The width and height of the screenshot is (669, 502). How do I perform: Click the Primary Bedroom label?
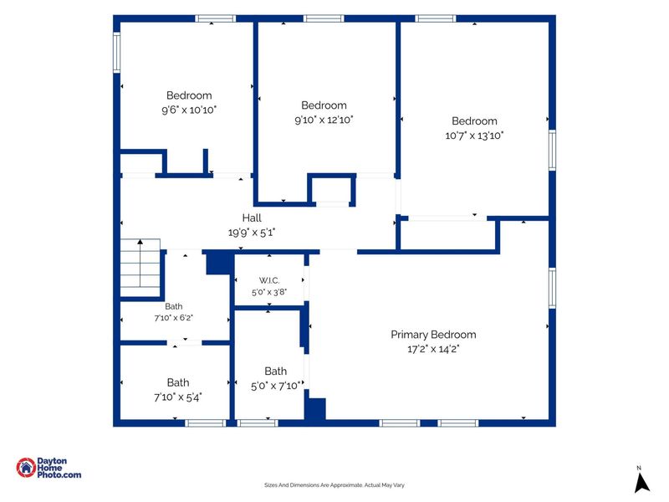pyautogui.click(x=433, y=335)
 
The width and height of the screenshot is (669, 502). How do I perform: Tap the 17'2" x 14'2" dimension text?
pyautogui.click(x=433, y=349)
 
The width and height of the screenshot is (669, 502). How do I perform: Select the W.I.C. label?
pyautogui.click(x=269, y=280)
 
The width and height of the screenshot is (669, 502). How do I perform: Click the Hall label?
pyautogui.click(x=252, y=218)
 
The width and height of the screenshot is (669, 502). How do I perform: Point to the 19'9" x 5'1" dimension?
pyautogui.click(x=252, y=233)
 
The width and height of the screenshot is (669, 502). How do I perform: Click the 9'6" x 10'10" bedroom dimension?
pyautogui.click(x=189, y=110)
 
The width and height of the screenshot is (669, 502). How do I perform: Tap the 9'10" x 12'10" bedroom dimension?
pyautogui.click(x=324, y=120)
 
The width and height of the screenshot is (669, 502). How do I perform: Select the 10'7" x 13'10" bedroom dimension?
pyautogui.click(x=474, y=136)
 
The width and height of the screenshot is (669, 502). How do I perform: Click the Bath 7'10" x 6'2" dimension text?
pyautogui.click(x=174, y=318)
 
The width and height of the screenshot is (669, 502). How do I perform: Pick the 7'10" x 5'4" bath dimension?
pyautogui.click(x=178, y=397)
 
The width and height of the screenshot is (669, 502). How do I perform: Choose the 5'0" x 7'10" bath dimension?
pyautogui.click(x=276, y=387)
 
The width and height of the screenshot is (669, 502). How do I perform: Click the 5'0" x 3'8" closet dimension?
pyautogui.click(x=269, y=292)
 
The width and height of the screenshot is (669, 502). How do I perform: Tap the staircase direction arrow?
pyautogui.click(x=140, y=263)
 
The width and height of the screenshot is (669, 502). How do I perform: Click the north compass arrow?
pyautogui.click(x=641, y=483)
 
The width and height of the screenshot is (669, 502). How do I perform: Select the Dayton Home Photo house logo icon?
pyautogui.click(x=26, y=468)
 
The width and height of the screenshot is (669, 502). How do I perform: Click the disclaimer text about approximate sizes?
pyautogui.click(x=334, y=485)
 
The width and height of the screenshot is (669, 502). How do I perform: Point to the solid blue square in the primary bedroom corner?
pyautogui.click(x=315, y=408)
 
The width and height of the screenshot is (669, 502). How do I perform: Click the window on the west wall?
pyautogui.click(x=116, y=53)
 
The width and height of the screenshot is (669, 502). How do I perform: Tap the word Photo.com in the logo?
pyautogui.click(x=59, y=474)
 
